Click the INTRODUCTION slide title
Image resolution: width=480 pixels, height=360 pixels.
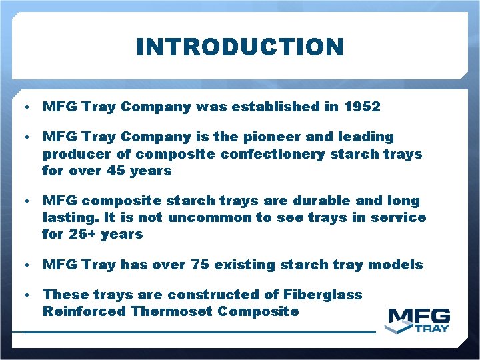[240, 47]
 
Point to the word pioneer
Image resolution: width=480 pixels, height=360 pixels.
[269, 137]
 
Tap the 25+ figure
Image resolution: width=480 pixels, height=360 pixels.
[82, 235]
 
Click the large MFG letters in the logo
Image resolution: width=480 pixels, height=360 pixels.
[419, 316]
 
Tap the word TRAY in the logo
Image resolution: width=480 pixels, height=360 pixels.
[432, 327]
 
